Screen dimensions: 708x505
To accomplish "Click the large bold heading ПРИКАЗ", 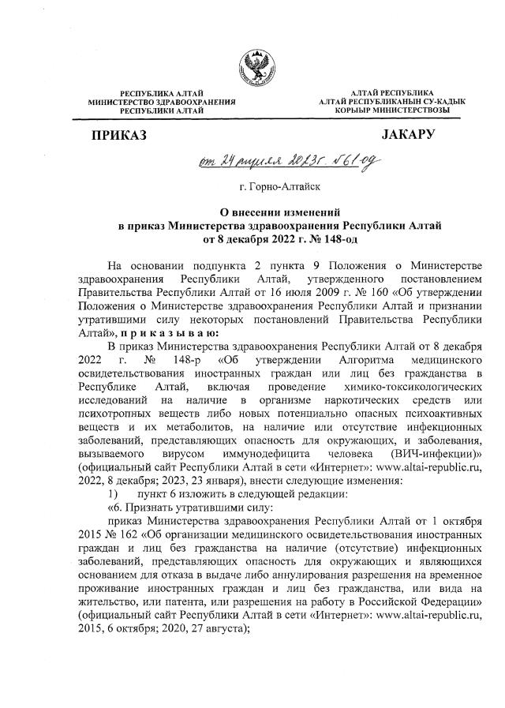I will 119,136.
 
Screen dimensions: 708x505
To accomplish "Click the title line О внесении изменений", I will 252,212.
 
